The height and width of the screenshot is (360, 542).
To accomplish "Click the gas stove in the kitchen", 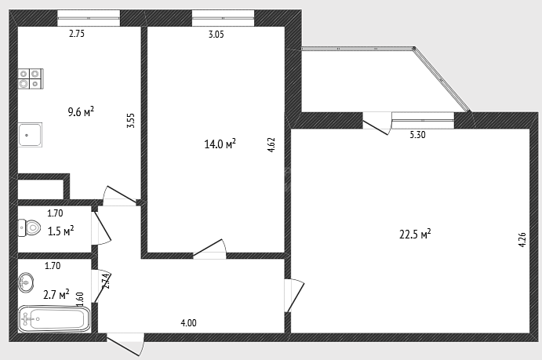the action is (x=31, y=78).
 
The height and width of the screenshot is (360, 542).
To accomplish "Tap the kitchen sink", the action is (x=30, y=135).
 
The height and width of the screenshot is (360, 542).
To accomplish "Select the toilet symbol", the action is (x=29, y=227).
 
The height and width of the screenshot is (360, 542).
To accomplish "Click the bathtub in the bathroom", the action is (x=54, y=319).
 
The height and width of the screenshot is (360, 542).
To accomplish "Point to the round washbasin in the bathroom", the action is (x=26, y=282).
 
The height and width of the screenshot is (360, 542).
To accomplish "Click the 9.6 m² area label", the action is (x=81, y=112).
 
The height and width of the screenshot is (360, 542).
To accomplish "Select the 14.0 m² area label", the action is (x=220, y=144).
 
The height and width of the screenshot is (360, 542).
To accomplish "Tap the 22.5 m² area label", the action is (x=415, y=235).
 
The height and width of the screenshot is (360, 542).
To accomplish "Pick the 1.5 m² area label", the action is (x=61, y=231).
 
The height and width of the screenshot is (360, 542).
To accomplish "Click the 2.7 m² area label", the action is (x=56, y=295).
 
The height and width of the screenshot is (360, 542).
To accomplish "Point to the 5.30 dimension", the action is (x=417, y=135).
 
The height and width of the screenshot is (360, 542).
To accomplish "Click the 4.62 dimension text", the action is (x=271, y=145).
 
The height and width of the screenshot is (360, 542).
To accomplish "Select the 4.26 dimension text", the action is (x=522, y=239).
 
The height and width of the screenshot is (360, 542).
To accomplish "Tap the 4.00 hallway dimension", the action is (x=189, y=323).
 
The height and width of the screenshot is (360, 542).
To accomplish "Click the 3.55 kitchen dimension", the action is (x=131, y=121).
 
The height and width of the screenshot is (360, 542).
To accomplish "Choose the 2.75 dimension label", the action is (x=77, y=34).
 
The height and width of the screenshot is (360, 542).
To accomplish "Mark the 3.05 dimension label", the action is (x=216, y=35).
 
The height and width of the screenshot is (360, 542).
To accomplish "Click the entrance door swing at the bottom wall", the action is (x=125, y=344).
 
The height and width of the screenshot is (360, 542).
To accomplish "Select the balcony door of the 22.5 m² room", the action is (x=376, y=123).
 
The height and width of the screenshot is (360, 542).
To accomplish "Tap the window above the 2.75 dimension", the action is (x=89, y=18).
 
